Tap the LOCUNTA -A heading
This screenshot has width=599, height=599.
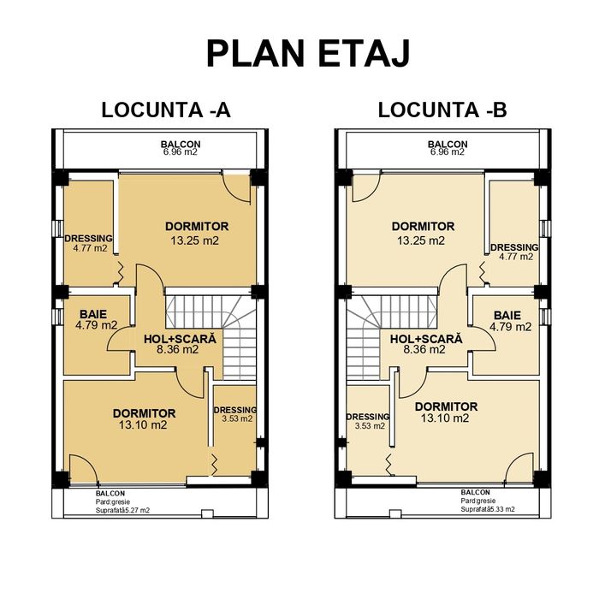[x=166, y=110]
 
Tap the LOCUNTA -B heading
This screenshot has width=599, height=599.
[x=442, y=110]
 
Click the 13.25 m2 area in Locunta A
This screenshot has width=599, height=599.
[x=196, y=240]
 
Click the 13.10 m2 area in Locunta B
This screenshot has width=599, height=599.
[x=444, y=418]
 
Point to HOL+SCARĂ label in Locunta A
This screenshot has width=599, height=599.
[x=179, y=338]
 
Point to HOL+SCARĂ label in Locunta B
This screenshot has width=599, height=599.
[x=426, y=338]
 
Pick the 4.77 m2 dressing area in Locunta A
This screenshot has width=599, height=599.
[x=89, y=249]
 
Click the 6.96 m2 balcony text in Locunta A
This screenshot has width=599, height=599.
[x=180, y=152]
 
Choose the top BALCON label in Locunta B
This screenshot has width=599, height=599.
[x=448, y=144]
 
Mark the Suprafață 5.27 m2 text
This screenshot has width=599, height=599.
[x=123, y=510]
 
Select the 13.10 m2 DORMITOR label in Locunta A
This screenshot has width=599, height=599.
[x=144, y=413]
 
